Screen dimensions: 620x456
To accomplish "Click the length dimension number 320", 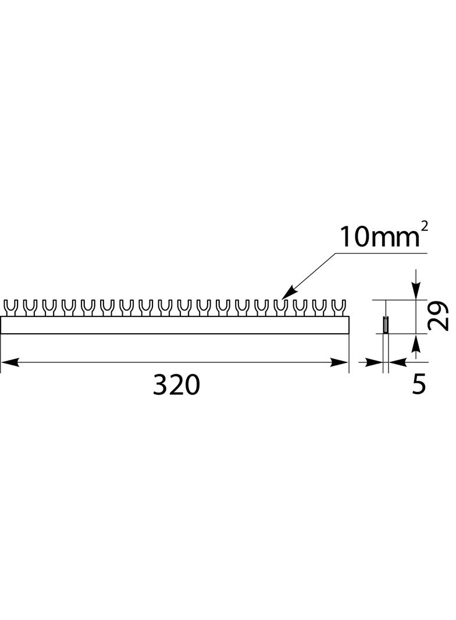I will coord(176,385).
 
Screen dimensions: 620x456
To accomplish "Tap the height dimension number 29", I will coord(439,316).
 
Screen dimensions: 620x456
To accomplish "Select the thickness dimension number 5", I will coord(419,384).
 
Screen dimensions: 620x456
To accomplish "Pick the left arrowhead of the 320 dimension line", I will coord(8,362).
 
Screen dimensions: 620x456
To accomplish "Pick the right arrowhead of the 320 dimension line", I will coord(340,362).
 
